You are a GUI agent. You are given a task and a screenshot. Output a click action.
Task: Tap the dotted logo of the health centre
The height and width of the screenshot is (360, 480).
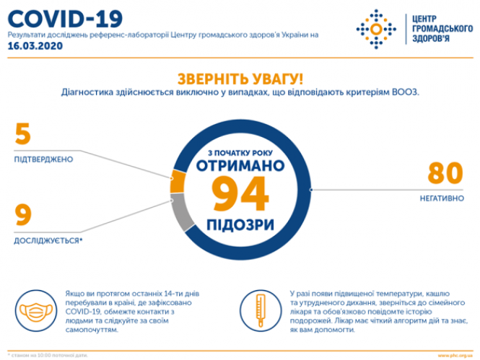pos(375,30)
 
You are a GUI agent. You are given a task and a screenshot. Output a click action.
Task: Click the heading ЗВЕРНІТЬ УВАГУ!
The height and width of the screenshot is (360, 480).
pos(240,78)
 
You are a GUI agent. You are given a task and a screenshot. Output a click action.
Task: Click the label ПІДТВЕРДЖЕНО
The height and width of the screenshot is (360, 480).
pos(43,159)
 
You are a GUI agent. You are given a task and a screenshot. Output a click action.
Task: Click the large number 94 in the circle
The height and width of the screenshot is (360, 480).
pos(240,194)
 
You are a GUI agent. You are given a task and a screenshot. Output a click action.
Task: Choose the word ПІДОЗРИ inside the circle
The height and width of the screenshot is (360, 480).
pos(240,223)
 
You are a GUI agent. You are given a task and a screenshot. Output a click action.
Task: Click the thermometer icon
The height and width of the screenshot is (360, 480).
pos(257,311)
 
